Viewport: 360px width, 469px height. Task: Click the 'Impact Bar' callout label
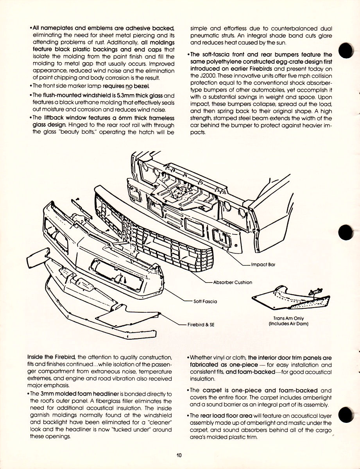tap(263, 265)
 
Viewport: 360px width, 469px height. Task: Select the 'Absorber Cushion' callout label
tap(233, 282)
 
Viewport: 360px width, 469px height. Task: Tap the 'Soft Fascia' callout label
tap(206, 301)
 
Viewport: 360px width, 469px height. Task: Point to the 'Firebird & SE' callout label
tap(201, 324)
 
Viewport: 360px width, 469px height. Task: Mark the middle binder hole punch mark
tap(346, 234)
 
